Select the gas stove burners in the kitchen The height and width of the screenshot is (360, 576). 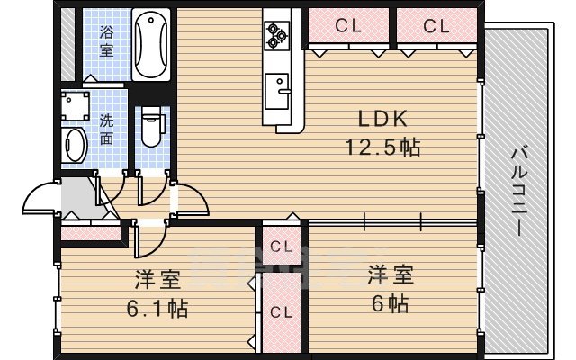pos(275,34)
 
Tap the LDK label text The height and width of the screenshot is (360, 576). pos(385,119)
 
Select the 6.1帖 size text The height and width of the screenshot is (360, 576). pos(157,309)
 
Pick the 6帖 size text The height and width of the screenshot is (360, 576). pos(388,302)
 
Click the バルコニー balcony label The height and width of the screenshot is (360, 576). pos(519,192)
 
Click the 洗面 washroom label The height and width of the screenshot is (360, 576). pos(106,129)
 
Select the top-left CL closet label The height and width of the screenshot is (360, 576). pos(348,27)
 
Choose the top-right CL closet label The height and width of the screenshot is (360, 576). pos(436,27)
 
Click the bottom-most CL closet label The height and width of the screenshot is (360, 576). pos(281,312)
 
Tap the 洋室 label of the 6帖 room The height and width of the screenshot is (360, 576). pos(388,274)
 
